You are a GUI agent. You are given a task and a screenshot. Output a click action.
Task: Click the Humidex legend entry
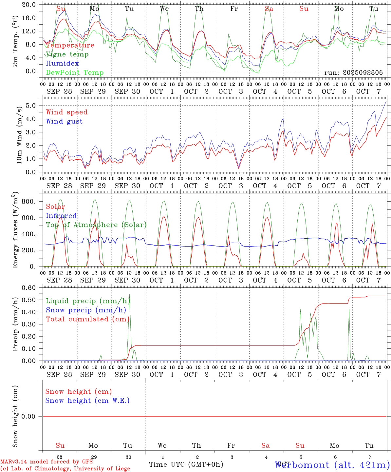(x=62, y=63)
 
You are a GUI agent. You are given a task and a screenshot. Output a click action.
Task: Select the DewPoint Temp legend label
(x=75, y=72)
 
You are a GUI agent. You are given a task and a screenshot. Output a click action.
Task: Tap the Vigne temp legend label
(x=67, y=54)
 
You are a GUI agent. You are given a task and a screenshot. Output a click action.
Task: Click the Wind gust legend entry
(x=64, y=121)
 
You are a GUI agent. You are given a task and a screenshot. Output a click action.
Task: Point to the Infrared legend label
(x=61, y=216)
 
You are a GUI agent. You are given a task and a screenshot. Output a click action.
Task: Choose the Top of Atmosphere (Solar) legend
(x=96, y=225)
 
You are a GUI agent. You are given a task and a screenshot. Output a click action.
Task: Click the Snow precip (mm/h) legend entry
(x=86, y=310)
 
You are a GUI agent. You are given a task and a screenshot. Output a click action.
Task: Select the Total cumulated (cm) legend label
(x=87, y=319)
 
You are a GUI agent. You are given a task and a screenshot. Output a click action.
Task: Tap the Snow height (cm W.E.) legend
(x=87, y=401)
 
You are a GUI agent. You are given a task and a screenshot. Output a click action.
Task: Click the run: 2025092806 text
(x=353, y=72)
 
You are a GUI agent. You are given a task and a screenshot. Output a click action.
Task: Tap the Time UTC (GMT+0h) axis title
(x=186, y=464)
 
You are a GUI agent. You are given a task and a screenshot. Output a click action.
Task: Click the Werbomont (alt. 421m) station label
(x=332, y=465)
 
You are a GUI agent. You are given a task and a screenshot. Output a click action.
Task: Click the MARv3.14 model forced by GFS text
(x=47, y=462)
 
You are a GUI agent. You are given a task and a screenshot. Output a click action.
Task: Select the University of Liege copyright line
(x=65, y=468)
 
